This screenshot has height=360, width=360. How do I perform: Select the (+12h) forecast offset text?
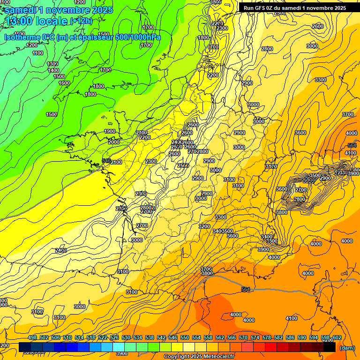[81, 21]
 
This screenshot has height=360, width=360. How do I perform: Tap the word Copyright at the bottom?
[177, 357]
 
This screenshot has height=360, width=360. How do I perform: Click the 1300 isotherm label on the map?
[52, 64]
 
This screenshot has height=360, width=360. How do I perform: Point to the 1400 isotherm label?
[53, 70]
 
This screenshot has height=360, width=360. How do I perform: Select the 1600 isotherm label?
[64, 83]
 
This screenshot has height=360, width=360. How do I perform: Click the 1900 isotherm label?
[110, 131]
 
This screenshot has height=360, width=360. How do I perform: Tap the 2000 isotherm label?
[114, 142]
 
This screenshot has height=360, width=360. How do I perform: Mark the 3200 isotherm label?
[204, 226]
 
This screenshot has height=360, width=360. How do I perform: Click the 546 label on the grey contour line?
[106, 161]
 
